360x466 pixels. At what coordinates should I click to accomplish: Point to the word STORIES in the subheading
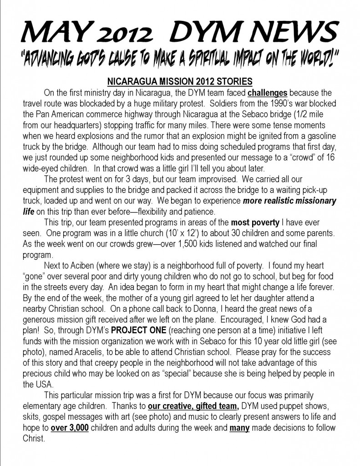[x=233, y=82]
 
